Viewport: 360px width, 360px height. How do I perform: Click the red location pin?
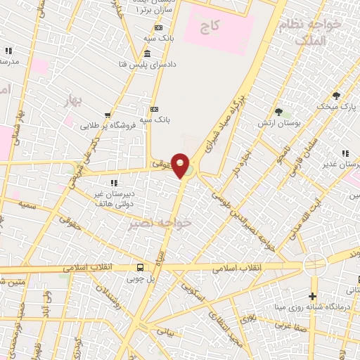[x=181, y=165]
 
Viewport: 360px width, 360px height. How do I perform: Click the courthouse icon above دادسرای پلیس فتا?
[x=146, y=55]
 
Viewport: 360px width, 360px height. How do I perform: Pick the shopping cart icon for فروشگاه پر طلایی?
[x=107, y=115]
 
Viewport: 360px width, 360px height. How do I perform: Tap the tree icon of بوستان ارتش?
[x=279, y=112]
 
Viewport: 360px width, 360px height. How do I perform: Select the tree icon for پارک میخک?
[x=336, y=96]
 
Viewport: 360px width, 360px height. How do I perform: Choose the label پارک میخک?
[x=336, y=107]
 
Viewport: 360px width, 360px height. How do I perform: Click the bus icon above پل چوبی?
[x=140, y=267]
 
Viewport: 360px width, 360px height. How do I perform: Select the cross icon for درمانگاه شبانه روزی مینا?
[x=313, y=296]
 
